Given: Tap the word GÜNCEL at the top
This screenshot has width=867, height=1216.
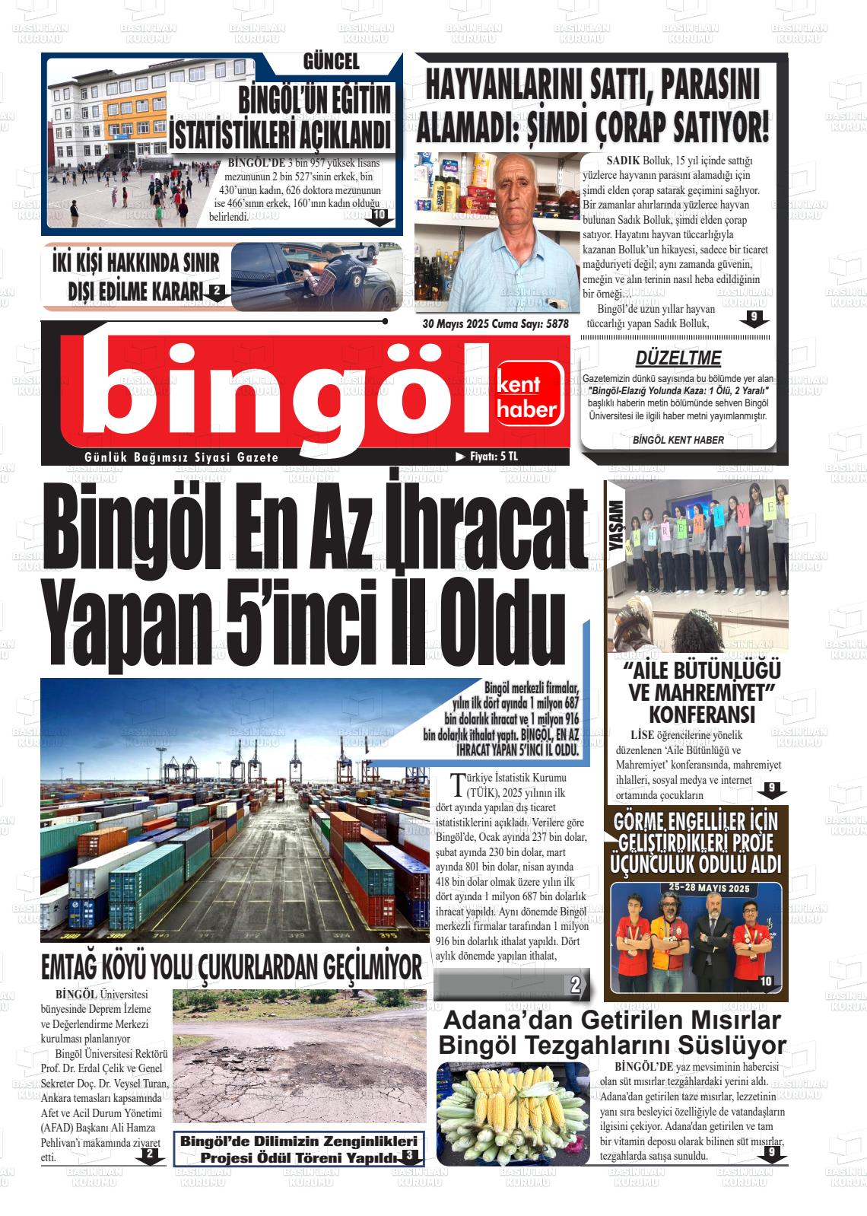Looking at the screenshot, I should pyautogui.click(x=331, y=62).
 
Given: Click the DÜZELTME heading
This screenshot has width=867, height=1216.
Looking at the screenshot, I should pyautogui.click(x=678, y=358).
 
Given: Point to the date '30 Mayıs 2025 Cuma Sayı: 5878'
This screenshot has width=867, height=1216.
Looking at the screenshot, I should pyautogui.click(x=496, y=323).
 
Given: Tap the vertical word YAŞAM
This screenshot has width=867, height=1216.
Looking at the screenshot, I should pyautogui.click(x=617, y=526).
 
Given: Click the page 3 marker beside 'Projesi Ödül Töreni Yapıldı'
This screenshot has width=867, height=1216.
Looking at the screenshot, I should pyautogui.click(x=409, y=1157).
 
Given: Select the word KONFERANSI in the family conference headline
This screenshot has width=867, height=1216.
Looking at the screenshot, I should pyautogui.click(x=701, y=715).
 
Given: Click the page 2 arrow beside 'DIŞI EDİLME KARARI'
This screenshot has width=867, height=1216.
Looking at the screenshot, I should pyautogui.click(x=217, y=291).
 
